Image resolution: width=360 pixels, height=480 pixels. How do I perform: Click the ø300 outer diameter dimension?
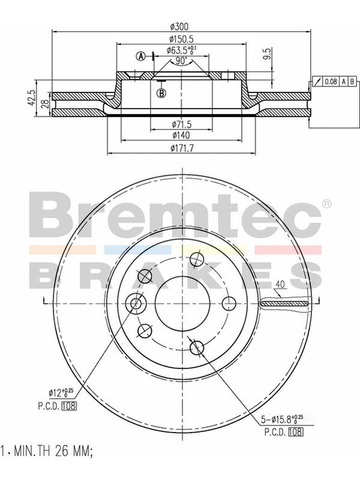[179, 26]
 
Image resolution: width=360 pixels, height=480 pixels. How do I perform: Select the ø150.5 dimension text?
[182, 39]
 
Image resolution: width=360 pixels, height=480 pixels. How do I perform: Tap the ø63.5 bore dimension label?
[182, 50]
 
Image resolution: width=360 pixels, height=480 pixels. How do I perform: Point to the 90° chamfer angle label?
[182, 61]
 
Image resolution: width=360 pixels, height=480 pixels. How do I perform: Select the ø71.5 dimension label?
[182, 124]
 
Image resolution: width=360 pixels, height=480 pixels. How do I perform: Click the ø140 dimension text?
[181, 135]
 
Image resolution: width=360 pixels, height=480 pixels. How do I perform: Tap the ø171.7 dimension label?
[182, 148]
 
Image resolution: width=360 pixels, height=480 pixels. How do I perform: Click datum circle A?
[141, 56]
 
